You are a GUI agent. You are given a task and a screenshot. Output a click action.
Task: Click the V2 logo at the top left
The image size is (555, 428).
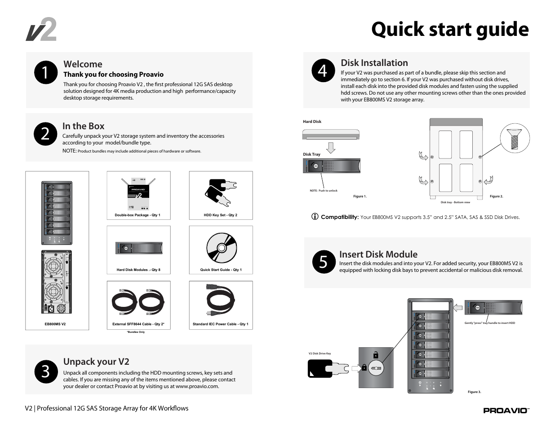(x=41, y=30)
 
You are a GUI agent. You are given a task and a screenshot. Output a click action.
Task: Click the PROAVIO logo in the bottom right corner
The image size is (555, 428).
(x=506, y=411)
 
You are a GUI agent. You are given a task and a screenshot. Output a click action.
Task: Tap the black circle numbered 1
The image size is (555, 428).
(x=45, y=73)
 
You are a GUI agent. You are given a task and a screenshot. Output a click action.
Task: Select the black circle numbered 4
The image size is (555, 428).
(x=323, y=71)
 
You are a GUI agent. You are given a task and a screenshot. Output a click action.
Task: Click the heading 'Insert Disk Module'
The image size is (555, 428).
(x=378, y=254)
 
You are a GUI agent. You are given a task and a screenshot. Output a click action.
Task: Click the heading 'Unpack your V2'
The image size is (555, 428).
(x=96, y=362)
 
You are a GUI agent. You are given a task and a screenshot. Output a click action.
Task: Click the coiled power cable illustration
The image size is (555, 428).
(x=220, y=301)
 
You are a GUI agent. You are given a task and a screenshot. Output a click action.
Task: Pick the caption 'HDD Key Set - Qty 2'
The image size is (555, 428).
(x=220, y=215)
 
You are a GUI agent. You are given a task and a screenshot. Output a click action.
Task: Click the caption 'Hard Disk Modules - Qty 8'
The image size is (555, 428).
(x=138, y=270)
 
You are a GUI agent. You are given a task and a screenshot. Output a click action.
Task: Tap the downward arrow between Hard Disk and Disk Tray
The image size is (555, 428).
(x=331, y=148)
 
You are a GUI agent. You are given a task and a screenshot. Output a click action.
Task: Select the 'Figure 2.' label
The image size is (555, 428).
(x=496, y=197)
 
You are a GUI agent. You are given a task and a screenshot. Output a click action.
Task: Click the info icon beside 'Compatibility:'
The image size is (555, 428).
(x=315, y=217)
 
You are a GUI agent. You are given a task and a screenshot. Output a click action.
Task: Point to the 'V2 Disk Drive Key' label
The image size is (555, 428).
(x=320, y=354)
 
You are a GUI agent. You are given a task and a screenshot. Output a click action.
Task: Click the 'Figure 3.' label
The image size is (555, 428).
(x=474, y=392)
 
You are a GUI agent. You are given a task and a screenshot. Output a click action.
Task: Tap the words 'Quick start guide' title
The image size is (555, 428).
(x=450, y=30)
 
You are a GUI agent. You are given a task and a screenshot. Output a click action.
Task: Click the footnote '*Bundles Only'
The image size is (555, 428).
(x=136, y=332)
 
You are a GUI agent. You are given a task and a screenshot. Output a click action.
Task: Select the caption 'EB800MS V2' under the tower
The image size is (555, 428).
(x=55, y=324)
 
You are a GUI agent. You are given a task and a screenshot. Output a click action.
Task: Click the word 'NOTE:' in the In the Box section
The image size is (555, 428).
(x=69, y=151)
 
